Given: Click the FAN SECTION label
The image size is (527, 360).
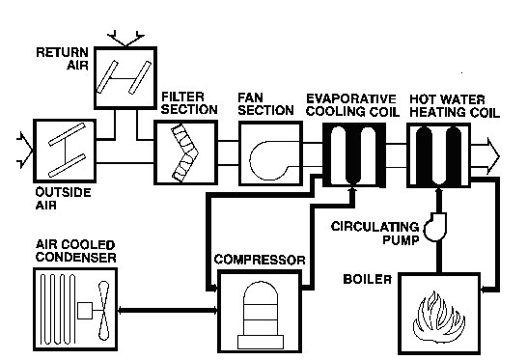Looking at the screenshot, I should tap(265, 103).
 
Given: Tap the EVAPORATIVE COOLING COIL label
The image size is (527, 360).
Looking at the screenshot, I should tap(351, 103).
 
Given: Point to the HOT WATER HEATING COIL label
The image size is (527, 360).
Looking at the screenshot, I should tap(454, 103).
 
